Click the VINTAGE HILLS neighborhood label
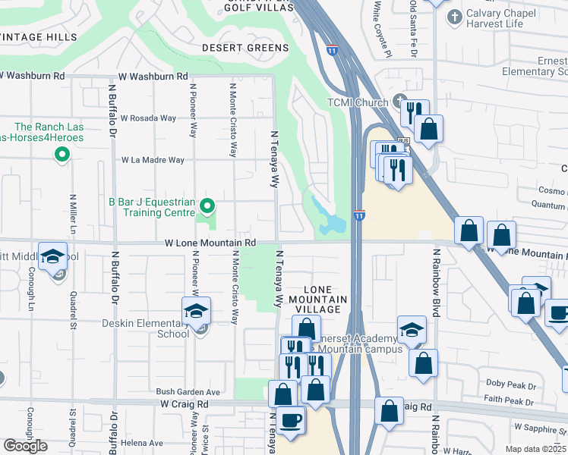coord(37,37)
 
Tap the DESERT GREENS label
coord(245,48)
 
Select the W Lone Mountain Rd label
coord(210,243)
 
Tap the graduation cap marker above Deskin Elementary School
coord(196,311)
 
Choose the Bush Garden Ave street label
coord(188,392)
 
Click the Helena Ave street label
coord(145,443)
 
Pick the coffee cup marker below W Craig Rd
coord(291,419)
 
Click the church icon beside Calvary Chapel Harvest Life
coord(455,17)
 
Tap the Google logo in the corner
coord(25,446)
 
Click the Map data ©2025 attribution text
coord(535,449)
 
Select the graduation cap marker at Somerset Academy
coord(411,329)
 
